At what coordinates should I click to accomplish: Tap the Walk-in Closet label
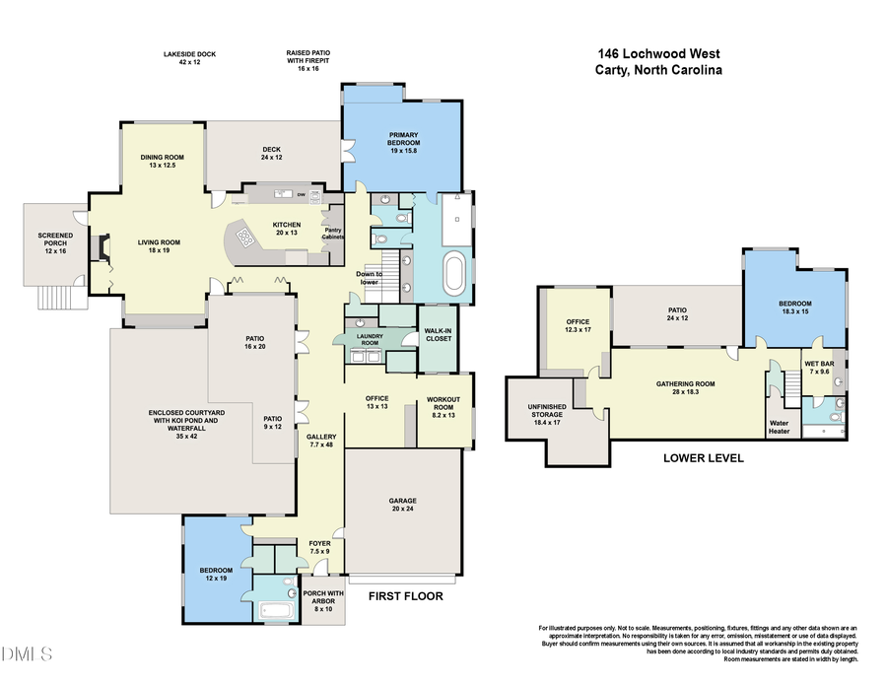coord(438,335)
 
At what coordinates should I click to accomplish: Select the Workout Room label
coord(443,403)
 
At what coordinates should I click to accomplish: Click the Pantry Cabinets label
coord(333,233)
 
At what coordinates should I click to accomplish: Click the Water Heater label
coord(779,427)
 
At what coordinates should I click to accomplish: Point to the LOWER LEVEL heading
coord(703,458)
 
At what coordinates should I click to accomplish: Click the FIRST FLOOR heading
coord(405,596)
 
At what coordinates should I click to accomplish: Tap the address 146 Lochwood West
coord(659,54)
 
